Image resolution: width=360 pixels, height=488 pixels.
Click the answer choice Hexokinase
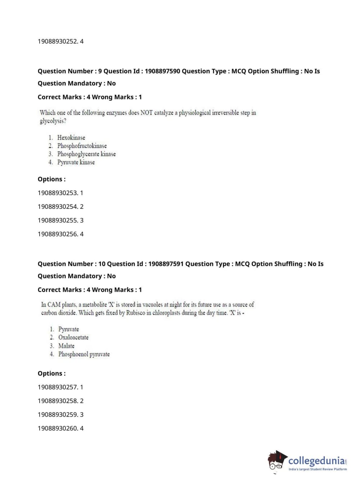click(x=71, y=137)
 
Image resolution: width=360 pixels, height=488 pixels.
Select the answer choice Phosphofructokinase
click(x=82, y=146)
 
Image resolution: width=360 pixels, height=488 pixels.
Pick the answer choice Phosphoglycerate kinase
click(x=86, y=154)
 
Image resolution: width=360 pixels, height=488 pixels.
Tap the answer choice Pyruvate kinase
click(x=76, y=162)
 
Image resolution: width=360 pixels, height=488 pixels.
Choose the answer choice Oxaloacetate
click(x=73, y=337)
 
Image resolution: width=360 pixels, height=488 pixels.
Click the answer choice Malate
click(x=66, y=346)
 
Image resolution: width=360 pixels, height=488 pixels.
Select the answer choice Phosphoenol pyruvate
click(x=84, y=354)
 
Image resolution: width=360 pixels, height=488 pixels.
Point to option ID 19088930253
click(x=58, y=193)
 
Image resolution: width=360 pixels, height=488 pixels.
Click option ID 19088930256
click(x=58, y=234)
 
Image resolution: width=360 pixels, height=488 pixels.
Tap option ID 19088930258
click(x=58, y=401)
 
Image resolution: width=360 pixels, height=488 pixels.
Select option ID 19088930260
click(x=58, y=428)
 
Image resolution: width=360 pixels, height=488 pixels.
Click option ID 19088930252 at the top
click(x=58, y=41)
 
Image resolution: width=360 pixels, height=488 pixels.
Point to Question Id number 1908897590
click(x=162, y=71)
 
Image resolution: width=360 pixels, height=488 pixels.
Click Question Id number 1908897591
click(x=166, y=264)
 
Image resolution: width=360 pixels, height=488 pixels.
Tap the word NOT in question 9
click(x=146, y=113)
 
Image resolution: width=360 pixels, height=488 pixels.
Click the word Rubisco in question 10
click(x=136, y=313)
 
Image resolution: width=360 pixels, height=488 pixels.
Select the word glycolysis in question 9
click(x=53, y=121)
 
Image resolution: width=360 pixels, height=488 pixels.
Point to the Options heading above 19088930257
click(x=51, y=374)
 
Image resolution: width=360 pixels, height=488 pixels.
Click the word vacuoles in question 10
click(x=152, y=304)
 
